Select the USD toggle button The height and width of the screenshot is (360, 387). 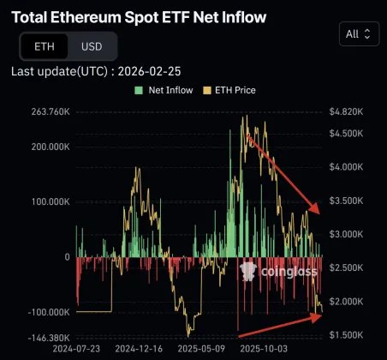point(91,46)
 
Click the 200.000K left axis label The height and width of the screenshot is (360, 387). point(46,146)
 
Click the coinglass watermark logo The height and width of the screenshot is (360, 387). point(278,272)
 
